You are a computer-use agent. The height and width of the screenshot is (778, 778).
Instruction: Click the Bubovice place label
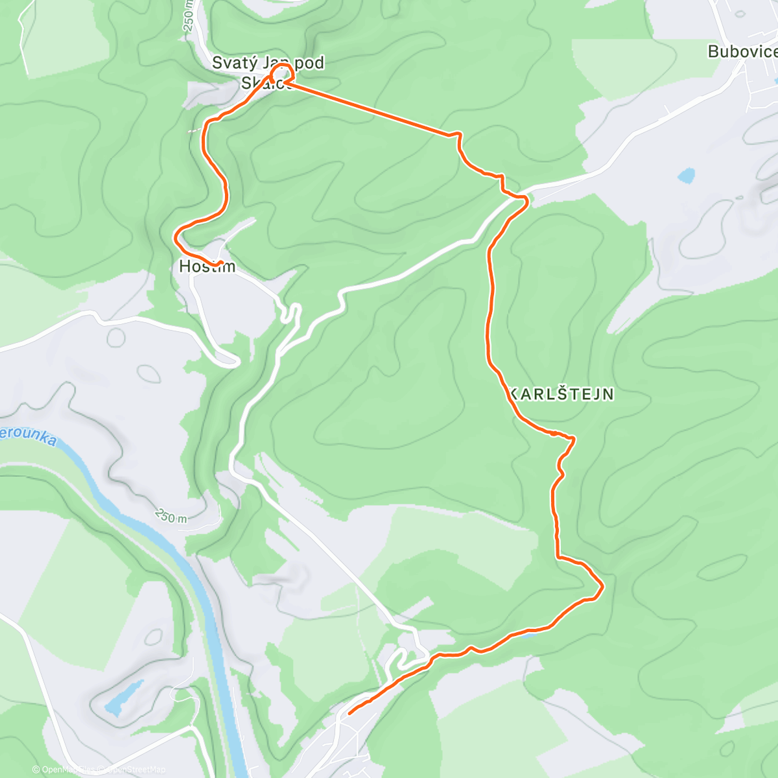pos(742,52)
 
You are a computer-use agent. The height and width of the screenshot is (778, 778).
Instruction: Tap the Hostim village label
pos(207,266)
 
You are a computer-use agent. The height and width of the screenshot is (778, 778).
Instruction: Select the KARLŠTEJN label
pos(560,394)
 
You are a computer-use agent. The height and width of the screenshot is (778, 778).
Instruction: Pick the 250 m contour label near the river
pos(171,516)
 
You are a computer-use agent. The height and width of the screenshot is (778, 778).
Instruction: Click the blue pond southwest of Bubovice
pos(686,175)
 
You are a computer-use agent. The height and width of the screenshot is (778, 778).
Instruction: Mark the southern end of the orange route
pos(350,713)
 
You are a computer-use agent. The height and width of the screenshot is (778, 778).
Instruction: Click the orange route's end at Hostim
pos(222,263)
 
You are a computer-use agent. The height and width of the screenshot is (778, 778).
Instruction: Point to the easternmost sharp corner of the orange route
pos(603,587)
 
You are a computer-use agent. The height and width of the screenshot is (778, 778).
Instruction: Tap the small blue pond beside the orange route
pos(528,634)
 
